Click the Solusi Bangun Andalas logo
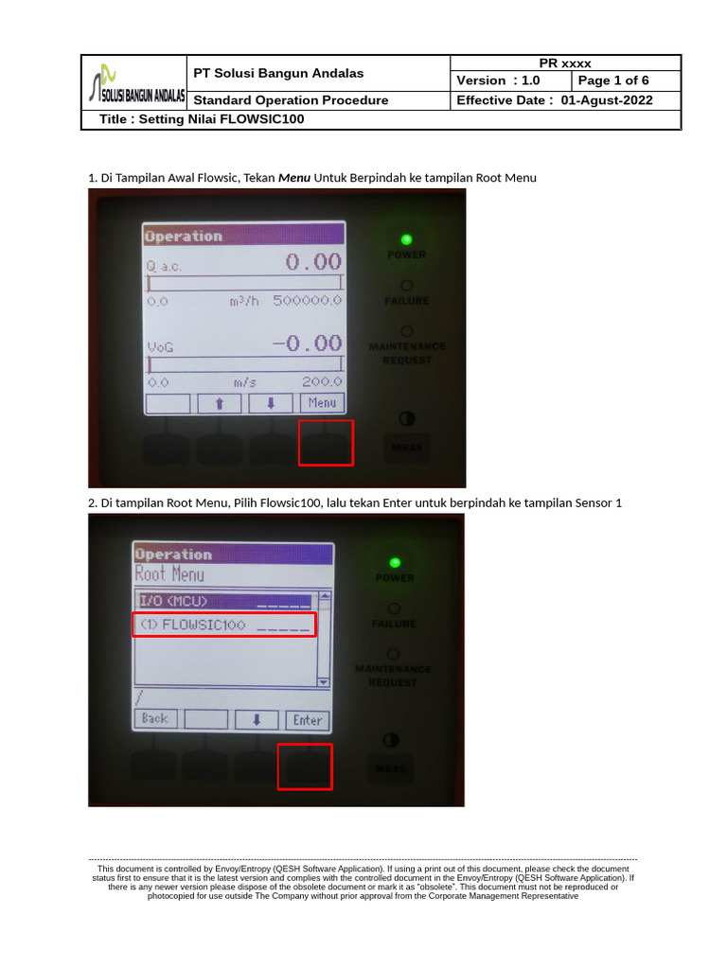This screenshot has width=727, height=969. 133,83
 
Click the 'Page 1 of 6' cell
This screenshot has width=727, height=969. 626,80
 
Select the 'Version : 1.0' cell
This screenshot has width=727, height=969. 510,80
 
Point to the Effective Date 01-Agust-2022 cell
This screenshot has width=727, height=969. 565,100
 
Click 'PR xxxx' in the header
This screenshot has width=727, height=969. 565,62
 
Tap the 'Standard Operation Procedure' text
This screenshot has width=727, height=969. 291,100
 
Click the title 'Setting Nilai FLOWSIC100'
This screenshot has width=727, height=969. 202,120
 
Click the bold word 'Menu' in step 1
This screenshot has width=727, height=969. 294,177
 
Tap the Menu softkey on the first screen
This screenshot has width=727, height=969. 322,403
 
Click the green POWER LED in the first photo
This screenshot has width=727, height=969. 406,239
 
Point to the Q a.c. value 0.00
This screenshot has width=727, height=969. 312,262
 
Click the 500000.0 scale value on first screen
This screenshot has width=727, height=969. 308,301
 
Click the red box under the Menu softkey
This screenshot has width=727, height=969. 326,443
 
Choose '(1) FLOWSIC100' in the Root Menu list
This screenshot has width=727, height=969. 223,625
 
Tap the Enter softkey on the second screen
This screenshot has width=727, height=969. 307,719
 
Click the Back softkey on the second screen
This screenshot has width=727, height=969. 154,719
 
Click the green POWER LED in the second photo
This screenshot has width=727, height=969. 395,562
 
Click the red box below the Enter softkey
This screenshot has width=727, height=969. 305,766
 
